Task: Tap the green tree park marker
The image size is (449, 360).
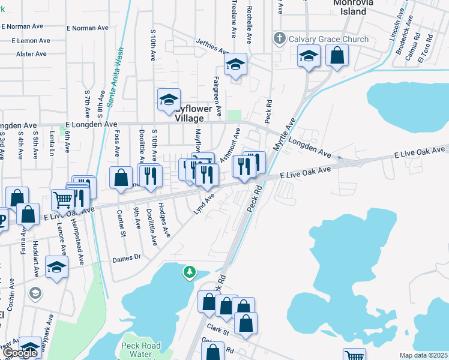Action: pyautogui.click(x=190, y=273)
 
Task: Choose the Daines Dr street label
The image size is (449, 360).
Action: pyautogui.click(x=126, y=258)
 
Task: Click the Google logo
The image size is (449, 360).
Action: pyautogui.click(x=19, y=353)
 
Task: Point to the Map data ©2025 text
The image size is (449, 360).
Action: pyautogui.click(x=423, y=355)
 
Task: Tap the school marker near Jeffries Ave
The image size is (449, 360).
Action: pyautogui.click(x=236, y=64)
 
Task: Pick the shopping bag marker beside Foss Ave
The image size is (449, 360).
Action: pyautogui.click(x=121, y=177)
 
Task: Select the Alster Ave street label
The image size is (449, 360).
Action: pyautogui.click(x=32, y=54)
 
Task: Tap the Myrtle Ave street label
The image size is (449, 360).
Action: pyautogui.click(x=286, y=134)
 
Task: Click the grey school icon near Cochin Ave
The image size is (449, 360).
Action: pyautogui.click(x=35, y=293)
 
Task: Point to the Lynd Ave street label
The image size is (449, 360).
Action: pyautogui.click(x=203, y=203)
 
